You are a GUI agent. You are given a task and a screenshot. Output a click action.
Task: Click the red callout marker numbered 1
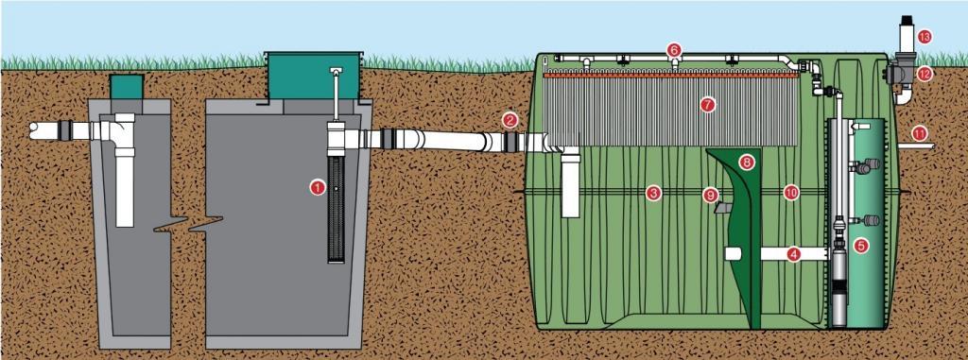[317, 187]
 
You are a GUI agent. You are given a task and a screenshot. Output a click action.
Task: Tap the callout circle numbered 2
[510, 120]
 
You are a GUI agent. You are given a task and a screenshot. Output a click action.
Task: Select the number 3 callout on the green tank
[652, 193]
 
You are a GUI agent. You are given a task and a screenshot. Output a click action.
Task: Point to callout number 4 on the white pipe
[794, 252]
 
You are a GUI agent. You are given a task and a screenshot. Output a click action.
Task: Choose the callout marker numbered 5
[860, 246]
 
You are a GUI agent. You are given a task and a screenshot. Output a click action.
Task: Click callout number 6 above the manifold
[674, 48]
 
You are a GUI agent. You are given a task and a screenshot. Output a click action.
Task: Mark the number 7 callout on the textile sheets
[707, 105]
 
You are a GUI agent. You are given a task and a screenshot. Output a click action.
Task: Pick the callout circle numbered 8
[748, 162]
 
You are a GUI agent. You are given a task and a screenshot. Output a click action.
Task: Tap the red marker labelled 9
[711, 194]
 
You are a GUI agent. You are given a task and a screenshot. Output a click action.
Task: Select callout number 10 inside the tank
[791, 192]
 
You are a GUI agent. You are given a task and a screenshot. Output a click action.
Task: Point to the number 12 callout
[925, 73]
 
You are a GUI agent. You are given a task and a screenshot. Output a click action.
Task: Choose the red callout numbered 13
[925, 36]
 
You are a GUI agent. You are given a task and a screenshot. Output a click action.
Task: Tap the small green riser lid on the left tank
[125, 84]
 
